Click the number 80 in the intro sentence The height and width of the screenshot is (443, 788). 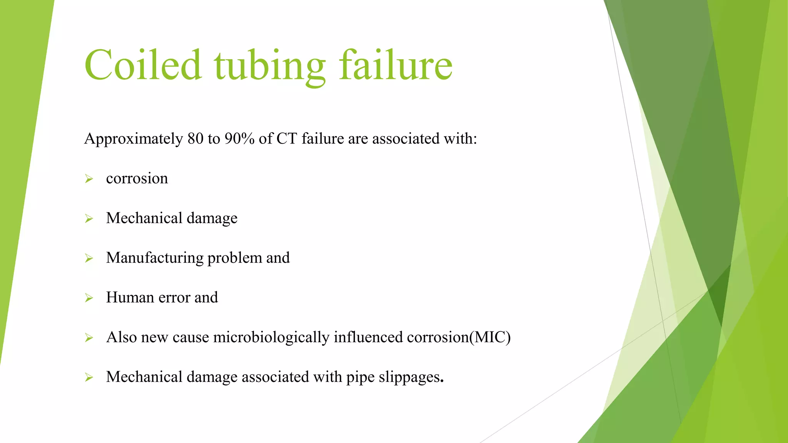tap(195, 139)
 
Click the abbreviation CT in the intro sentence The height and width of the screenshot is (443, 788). tap(287, 139)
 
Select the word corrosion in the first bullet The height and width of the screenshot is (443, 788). tap(137, 179)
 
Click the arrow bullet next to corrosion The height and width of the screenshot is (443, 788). tap(89, 179)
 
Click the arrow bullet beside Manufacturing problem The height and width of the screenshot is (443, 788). tap(89, 258)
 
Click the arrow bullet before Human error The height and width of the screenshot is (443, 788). tap(89, 298)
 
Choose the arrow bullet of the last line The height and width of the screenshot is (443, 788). tap(89, 378)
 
